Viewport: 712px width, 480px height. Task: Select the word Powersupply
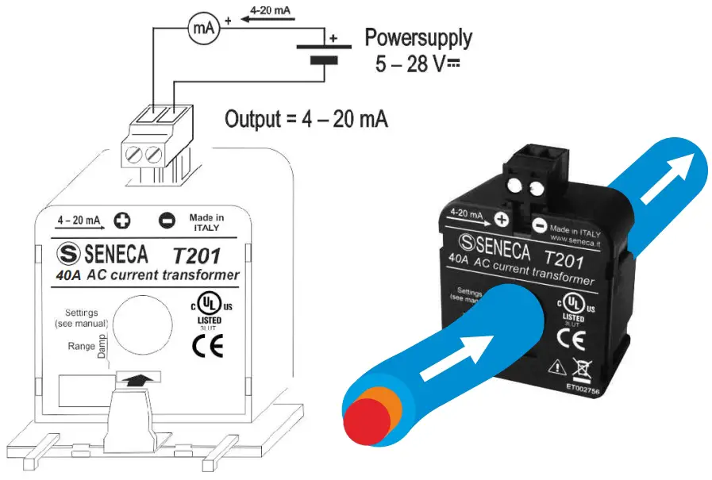[x=418, y=37]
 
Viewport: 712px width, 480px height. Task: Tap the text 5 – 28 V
[x=414, y=63]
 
